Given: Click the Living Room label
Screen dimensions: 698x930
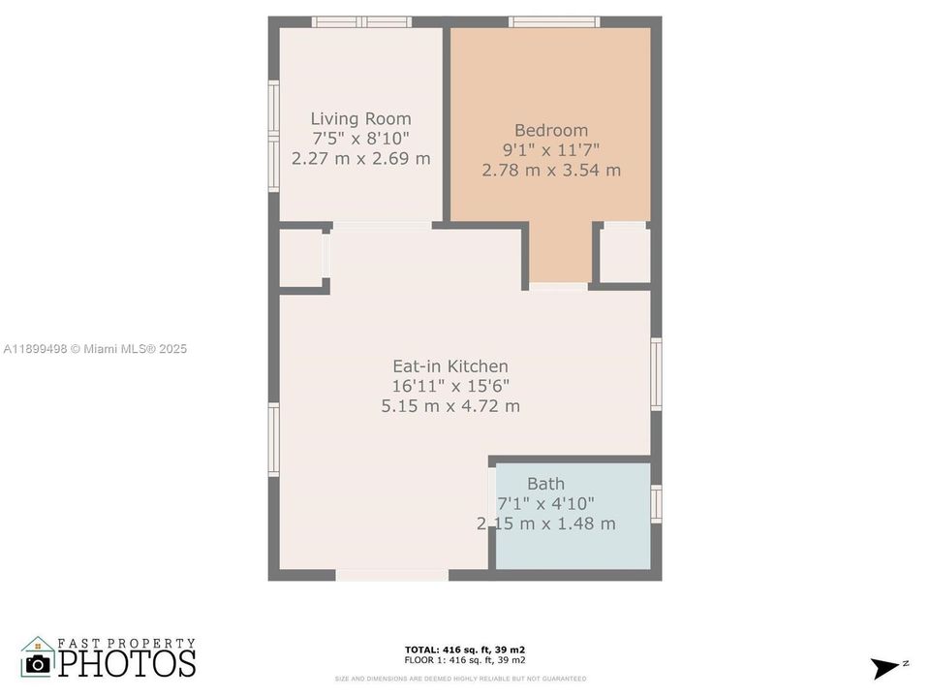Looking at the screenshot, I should point(360,119).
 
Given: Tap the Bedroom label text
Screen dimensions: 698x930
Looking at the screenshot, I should point(550,131).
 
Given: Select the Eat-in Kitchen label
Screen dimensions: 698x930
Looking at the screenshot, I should point(449,366).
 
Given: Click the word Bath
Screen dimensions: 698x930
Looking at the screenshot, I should point(545,484).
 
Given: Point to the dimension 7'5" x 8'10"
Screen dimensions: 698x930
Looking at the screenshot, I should point(360,139).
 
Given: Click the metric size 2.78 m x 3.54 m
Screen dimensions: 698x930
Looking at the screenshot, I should point(550,171).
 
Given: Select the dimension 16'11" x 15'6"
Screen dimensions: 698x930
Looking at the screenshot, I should point(449,386).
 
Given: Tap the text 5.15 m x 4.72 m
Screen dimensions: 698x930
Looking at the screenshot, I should point(449,406).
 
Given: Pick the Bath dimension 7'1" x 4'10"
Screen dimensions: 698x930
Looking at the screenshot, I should point(545,504).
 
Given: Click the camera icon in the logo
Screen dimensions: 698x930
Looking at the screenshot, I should point(38,663).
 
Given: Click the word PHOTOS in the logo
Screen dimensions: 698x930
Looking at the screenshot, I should point(126,663).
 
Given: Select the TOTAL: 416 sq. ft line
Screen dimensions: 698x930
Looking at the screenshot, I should point(464,650).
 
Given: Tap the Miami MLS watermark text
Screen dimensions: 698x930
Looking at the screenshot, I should point(95,349).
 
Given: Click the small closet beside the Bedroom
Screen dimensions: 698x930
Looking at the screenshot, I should point(625,256).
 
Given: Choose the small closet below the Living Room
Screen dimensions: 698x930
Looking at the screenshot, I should point(301,258).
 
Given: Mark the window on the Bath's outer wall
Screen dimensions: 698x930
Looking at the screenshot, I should point(656,504).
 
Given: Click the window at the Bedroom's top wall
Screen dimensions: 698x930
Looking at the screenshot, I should point(554,21).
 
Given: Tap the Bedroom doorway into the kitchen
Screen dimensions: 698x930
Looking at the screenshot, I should point(558,286).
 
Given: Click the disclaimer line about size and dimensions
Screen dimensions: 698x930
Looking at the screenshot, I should point(460,679).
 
